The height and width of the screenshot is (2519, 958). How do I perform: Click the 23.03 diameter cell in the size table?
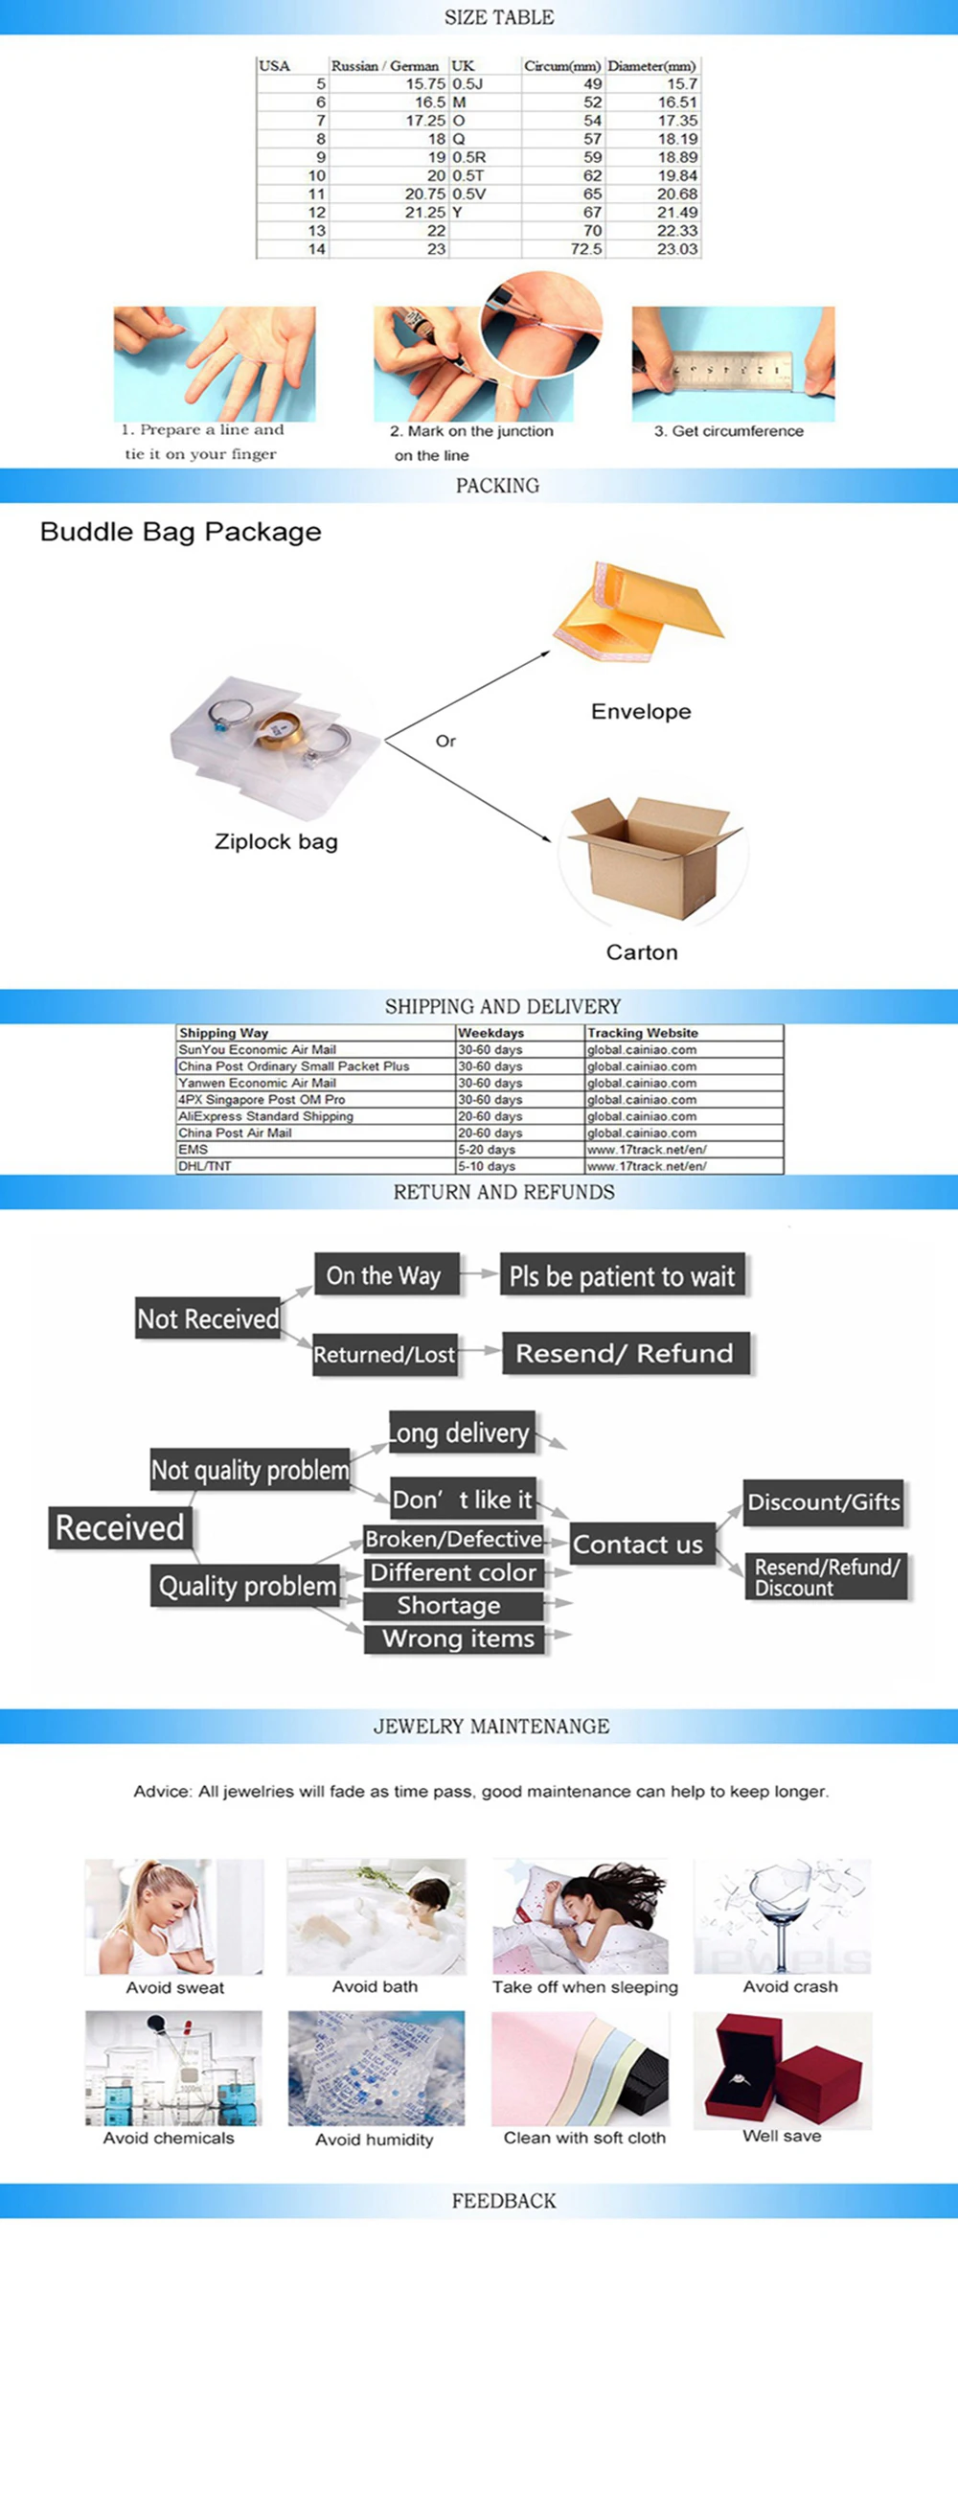coord(677,249)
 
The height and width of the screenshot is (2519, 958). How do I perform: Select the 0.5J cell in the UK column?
coord(468,84)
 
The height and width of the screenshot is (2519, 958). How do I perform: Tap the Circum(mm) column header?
coord(562,65)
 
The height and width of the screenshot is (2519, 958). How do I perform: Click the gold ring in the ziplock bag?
coord(279,729)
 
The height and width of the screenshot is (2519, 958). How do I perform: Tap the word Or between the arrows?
coord(445,742)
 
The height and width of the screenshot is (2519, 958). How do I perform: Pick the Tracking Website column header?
coord(642,1033)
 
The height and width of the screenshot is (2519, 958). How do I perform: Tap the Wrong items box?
coord(458,1638)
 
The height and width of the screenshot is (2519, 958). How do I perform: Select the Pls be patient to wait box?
coord(622,1276)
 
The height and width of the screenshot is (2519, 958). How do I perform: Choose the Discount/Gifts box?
coord(823,1502)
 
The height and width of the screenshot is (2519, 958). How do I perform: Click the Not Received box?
coord(208,1319)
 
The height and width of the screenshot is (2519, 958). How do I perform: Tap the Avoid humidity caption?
coord(375,2140)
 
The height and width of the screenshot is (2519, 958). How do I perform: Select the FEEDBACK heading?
coord(504,2201)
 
